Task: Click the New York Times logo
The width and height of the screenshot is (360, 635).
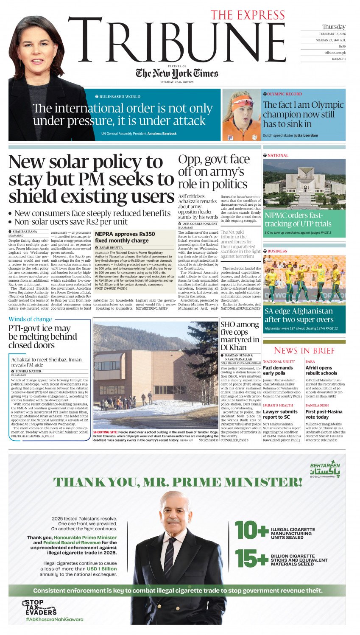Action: tap(177, 73)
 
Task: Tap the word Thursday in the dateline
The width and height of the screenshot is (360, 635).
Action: tap(333, 27)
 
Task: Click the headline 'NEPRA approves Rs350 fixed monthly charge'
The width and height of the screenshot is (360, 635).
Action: tap(125, 237)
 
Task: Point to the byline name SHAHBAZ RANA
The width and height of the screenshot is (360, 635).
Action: tap(25, 232)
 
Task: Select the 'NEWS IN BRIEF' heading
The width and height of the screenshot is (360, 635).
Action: tap(304, 350)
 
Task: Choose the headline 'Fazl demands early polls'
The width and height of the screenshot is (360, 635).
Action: tap(278, 370)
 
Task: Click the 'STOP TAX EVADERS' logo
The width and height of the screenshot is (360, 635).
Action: tap(39, 607)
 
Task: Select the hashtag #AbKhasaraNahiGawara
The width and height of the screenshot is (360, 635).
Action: tap(54, 619)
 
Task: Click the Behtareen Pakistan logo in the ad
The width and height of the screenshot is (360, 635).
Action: tap(325, 470)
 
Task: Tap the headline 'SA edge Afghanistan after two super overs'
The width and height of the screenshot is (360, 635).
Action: tap(299, 315)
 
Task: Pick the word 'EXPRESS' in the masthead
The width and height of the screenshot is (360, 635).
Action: tap(265, 15)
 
